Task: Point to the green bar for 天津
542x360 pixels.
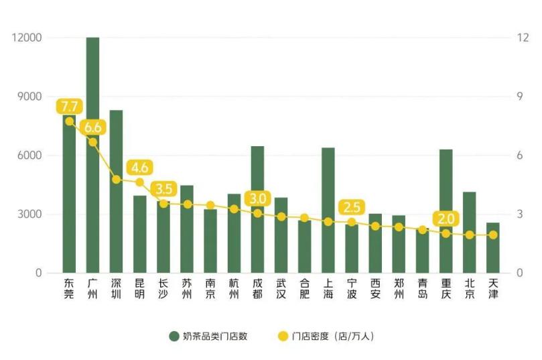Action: click(492, 255)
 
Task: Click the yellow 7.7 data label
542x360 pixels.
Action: click(69, 106)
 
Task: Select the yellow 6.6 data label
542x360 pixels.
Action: click(92, 127)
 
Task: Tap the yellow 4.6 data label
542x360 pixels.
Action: click(139, 167)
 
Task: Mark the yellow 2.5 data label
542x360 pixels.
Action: click(351, 206)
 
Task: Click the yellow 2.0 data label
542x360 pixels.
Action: click(446, 219)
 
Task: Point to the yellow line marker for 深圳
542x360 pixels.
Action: click(116, 179)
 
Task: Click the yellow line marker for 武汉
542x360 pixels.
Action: click(281, 217)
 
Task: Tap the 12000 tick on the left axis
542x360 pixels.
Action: click(27, 38)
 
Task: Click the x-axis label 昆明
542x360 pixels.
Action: click(139, 288)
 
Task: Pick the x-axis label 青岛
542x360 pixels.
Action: click(422, 288)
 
